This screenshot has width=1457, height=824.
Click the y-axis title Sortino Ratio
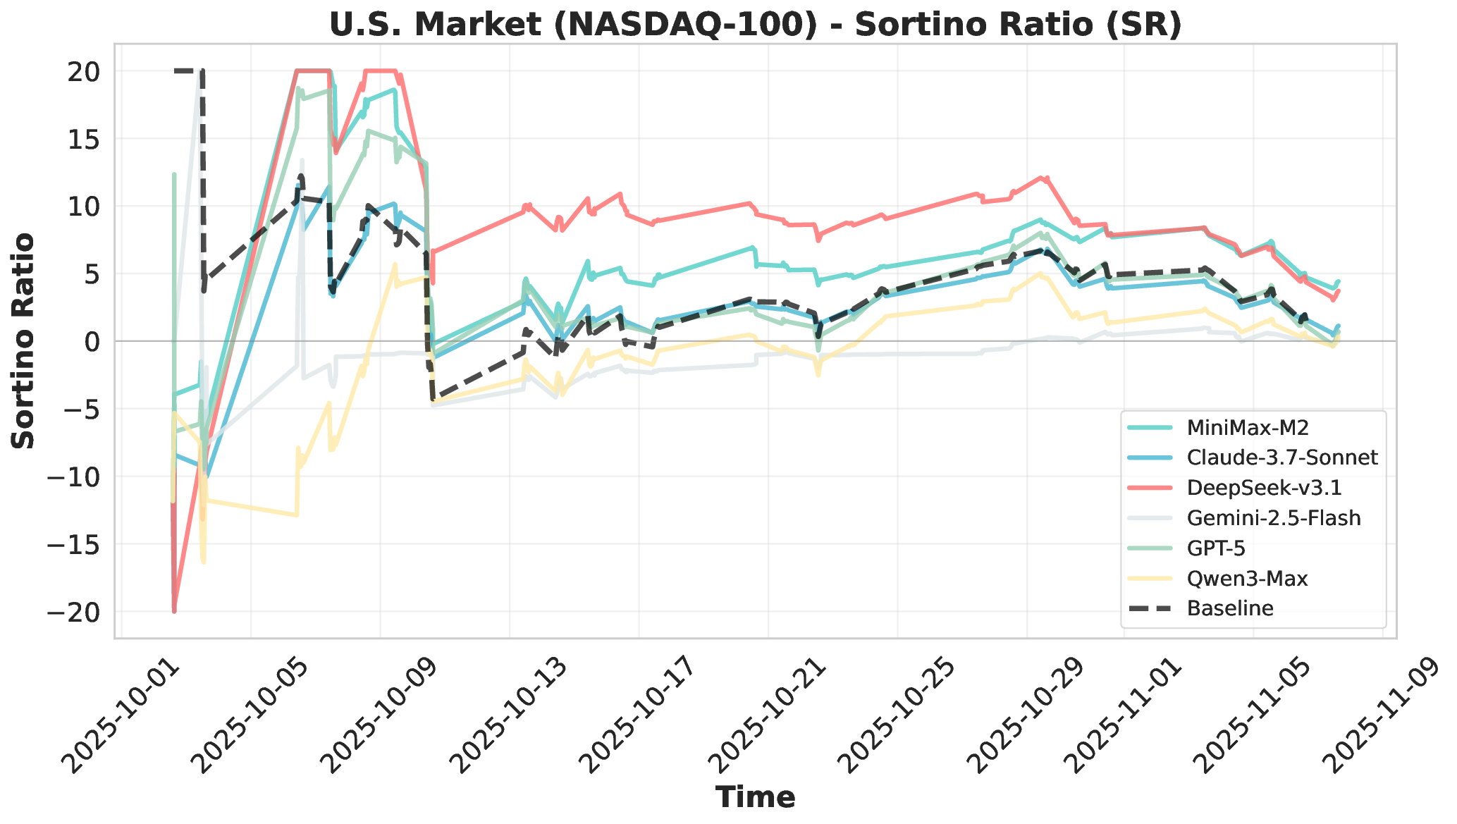coord(24,341)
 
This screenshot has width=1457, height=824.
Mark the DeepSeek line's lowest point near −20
coord(174,611)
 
